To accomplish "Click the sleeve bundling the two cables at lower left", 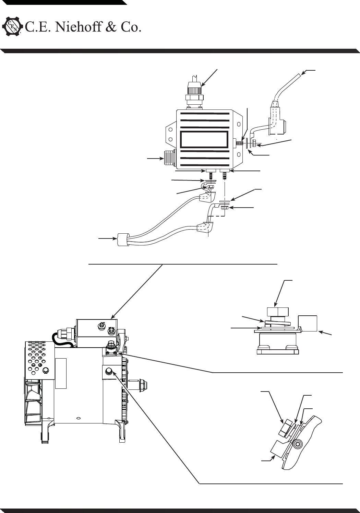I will tap(122, 239).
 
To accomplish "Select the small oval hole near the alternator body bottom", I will tap(78, 418).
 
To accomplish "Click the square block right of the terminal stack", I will tap(308, 323).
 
